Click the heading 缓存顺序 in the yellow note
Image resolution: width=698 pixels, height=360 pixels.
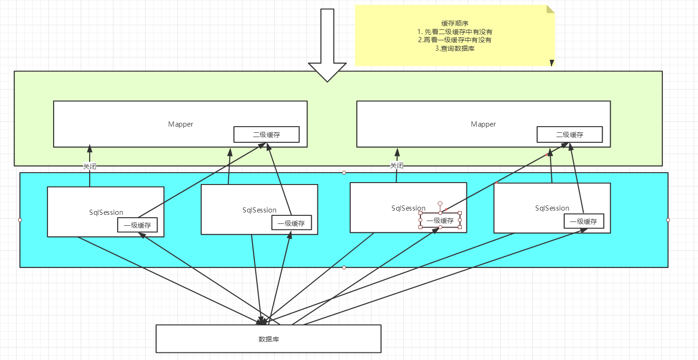pos(455,23)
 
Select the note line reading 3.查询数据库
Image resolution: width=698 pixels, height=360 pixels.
pos(455,48)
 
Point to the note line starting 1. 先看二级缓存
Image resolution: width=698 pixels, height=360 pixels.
pos(455,32)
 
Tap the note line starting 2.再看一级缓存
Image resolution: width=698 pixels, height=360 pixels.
pos(455,40)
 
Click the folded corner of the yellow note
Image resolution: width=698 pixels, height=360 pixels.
pos(550,9)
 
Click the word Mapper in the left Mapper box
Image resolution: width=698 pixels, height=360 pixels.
pos(181,124)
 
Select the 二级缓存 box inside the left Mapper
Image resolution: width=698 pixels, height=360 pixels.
pos(266,135)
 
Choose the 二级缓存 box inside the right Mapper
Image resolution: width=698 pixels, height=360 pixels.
pos(569,135)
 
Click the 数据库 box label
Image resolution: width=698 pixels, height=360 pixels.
pos(268,339)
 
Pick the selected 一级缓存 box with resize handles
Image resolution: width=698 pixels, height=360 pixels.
pos(440,221)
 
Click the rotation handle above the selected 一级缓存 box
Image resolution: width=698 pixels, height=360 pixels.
pos(440,203)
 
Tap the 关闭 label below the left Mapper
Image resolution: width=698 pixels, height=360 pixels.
pos(90,166)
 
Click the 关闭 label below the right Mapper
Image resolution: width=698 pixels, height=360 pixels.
pos(397,166)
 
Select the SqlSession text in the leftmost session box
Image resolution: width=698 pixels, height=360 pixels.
pos(106,212)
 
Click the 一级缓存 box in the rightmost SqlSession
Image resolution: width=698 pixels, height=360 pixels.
pos(584,221)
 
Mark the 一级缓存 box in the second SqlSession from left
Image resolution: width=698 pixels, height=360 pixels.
pos(291,223)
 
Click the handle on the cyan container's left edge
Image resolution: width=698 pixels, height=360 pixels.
pos(20,220)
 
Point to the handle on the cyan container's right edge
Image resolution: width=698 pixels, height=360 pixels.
pos(668,220)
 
